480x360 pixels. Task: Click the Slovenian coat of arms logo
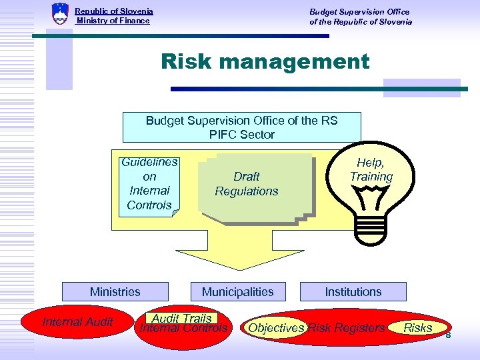60,14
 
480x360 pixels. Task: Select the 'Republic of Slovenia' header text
114,11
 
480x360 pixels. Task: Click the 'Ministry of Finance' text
113,21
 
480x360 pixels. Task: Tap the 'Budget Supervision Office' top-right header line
359,11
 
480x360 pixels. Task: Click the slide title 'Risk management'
265,62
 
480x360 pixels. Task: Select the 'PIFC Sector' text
241,135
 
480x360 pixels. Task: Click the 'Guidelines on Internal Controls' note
149,183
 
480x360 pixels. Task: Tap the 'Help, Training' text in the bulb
371,169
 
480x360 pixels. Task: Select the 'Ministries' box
115,292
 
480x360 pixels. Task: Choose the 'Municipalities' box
237,292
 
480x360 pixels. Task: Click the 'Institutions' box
353,292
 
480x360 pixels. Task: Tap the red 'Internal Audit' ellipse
78,323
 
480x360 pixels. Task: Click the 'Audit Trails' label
181,319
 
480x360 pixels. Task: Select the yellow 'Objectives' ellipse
275,328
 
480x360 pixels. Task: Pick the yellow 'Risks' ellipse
417,327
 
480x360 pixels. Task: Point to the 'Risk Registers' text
346,328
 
